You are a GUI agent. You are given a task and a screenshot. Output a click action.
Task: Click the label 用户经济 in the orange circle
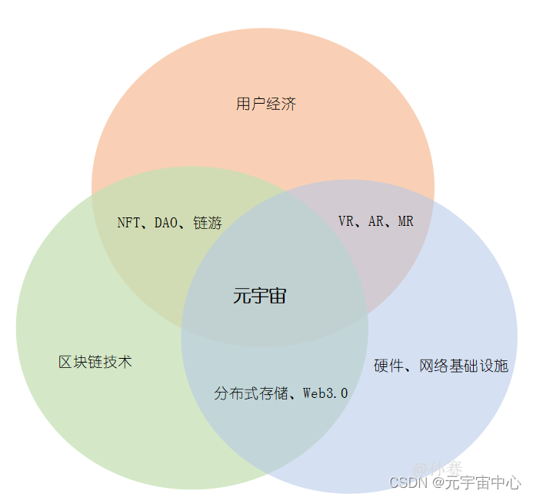point(265,104)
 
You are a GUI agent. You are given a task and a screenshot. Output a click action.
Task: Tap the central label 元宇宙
point(259,296)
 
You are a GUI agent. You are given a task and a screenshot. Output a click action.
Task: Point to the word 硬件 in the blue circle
point(388,366)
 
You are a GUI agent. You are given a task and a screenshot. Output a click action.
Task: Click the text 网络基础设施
point(464,366)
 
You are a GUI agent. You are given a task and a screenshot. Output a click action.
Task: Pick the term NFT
point(128,223)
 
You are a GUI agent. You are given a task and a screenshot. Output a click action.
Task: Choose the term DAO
point(165,223)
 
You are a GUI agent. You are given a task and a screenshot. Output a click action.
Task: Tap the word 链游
point(208,223)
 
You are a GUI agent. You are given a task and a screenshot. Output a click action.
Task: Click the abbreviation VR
point(346,221)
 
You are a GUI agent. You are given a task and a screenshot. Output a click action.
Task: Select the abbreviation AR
point(376,221)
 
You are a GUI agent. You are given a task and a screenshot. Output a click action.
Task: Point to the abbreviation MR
point(405,221)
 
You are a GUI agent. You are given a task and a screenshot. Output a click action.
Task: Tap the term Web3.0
point(325,393)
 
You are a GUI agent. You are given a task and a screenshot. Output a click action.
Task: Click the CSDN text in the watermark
point(408,482)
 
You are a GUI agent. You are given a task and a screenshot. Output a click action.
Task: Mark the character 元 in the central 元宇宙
point(242,296)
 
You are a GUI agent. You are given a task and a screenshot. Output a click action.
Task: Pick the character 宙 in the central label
point(277,296)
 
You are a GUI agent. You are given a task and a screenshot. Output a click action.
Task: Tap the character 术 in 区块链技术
point(125,362)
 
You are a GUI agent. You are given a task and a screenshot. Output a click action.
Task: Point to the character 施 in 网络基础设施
point(501,366)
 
